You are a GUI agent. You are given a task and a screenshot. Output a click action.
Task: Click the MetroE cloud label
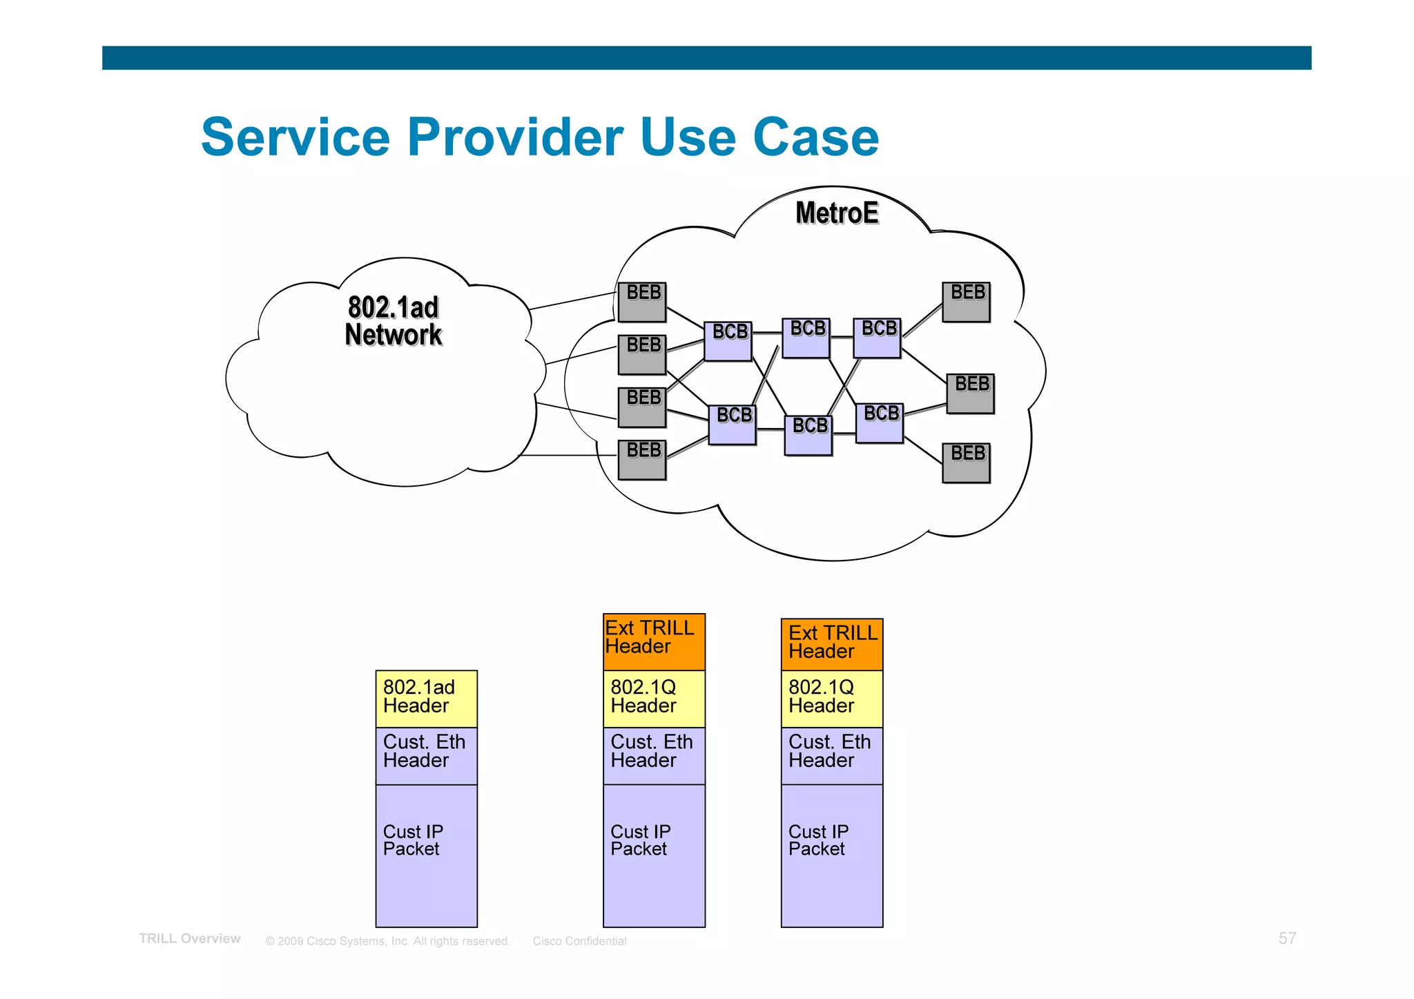coord(836,213)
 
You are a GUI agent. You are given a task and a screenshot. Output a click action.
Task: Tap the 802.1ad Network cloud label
coord(393,321)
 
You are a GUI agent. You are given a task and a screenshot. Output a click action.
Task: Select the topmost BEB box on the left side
coord(642,302)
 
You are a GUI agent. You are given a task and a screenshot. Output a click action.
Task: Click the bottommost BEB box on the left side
coord(642,460)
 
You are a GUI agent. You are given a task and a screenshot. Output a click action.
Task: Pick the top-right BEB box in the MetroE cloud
coord(966,302)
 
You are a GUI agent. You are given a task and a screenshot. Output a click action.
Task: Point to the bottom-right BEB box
coord(966,463)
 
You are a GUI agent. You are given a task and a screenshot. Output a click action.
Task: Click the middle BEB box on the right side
coord(970,394)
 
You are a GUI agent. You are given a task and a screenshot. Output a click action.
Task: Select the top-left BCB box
coord(728,341)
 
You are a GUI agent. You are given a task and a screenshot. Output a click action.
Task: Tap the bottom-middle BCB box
coord(808,435)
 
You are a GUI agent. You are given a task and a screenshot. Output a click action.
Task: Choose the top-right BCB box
coord(877,338)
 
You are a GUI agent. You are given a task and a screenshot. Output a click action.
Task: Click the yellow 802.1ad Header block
coord(426,698)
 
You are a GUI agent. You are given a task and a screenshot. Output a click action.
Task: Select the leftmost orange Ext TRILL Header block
coord(653,641)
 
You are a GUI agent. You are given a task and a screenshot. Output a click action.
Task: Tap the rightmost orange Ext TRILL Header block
coord(831,644)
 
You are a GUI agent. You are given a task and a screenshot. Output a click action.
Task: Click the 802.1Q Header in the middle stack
coord(653,698)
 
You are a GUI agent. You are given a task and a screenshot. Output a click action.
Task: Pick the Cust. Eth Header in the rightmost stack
coord(831,755)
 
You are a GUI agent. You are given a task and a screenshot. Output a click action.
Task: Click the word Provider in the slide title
coord(515,137)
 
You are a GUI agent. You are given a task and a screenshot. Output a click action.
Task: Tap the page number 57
coord(1287,938)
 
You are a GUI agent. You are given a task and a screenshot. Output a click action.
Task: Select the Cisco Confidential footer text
coord(579,941)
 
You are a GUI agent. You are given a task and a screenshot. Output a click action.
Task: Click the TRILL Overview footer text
coord(190,939)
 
